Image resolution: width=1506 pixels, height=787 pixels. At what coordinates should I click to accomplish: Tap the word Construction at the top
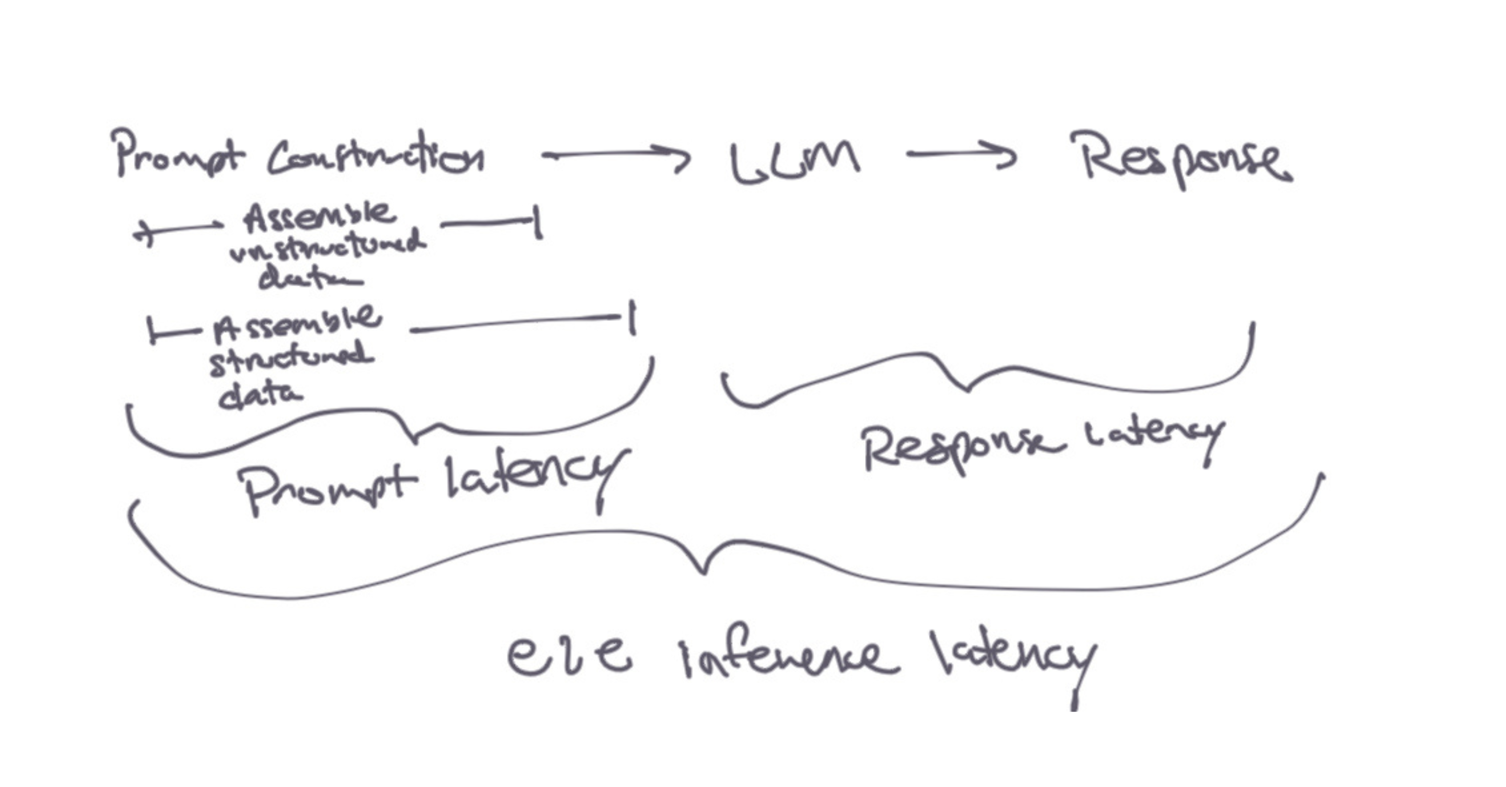click(x=376, y=157)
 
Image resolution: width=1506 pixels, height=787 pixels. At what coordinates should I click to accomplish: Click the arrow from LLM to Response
click(x=961, y=155)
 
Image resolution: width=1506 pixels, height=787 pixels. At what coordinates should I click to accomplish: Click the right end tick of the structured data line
click(x=632, y=318)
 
